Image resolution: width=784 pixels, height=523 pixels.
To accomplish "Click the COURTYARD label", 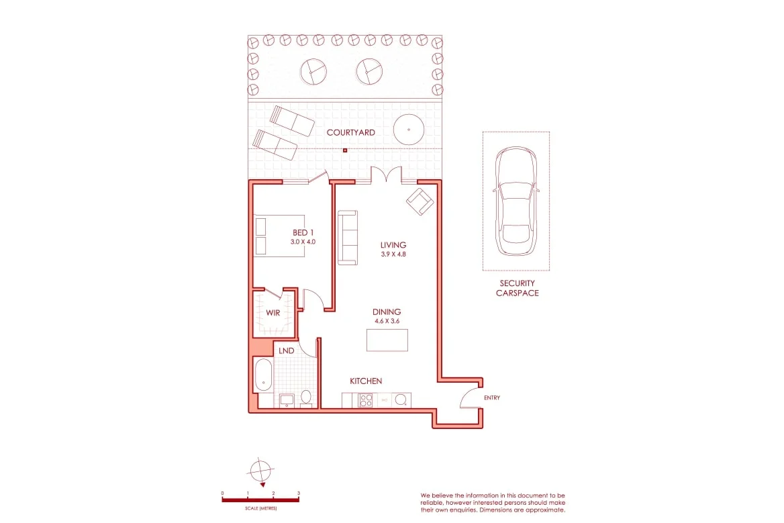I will point(350,133).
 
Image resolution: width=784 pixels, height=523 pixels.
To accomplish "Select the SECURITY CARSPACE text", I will point(517,288).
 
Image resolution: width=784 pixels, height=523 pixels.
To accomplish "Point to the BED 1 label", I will point(303,233).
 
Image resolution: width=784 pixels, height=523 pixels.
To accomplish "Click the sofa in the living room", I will point(347,237).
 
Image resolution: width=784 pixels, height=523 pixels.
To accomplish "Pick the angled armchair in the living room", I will point(420,201).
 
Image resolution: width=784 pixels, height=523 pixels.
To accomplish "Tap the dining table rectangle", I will point(387,340).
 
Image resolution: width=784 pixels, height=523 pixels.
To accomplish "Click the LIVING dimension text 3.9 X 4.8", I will point(393,255).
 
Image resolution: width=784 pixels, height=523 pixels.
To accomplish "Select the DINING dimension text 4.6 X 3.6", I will point(387,322).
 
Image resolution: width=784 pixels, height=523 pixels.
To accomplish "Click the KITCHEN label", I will point(366,381).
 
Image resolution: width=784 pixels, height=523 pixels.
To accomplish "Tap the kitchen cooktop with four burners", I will point(366,400).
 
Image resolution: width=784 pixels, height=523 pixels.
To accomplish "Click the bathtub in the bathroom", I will point(262,375).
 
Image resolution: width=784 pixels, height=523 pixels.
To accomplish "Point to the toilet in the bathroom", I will point(305,397).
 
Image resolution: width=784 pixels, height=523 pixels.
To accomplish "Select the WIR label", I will point(273,313).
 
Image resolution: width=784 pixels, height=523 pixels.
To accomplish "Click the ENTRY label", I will point(492,398).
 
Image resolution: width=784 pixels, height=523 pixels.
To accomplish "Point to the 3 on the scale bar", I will point(299,493).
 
